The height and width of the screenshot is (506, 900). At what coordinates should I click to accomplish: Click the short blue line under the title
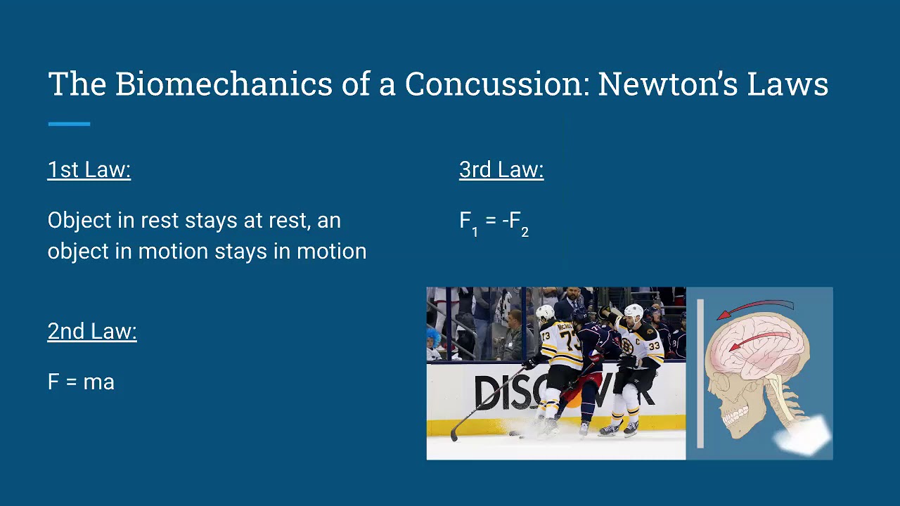[x=69, y=124]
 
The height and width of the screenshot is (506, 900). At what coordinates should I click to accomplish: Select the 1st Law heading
[x=89, y=170]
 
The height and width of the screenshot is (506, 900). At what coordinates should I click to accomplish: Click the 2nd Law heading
[x=92, y=332]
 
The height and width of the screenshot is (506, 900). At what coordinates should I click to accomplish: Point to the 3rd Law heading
[x=501, y=170]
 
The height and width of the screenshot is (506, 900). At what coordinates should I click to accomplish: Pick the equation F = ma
[x=81, y=382]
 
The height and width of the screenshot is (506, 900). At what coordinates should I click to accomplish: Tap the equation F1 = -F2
[x=494, y=222]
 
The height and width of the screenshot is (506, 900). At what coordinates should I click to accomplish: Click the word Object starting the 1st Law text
[x=79, y=221]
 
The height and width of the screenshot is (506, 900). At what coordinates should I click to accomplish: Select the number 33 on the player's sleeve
[x=654, y=346]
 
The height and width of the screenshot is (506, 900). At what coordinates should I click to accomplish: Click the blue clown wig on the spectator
[x=433, y=335]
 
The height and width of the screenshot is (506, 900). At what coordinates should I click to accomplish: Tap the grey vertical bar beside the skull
[x=700, y=373]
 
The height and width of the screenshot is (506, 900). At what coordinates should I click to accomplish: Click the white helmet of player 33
[x=634, y=311]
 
